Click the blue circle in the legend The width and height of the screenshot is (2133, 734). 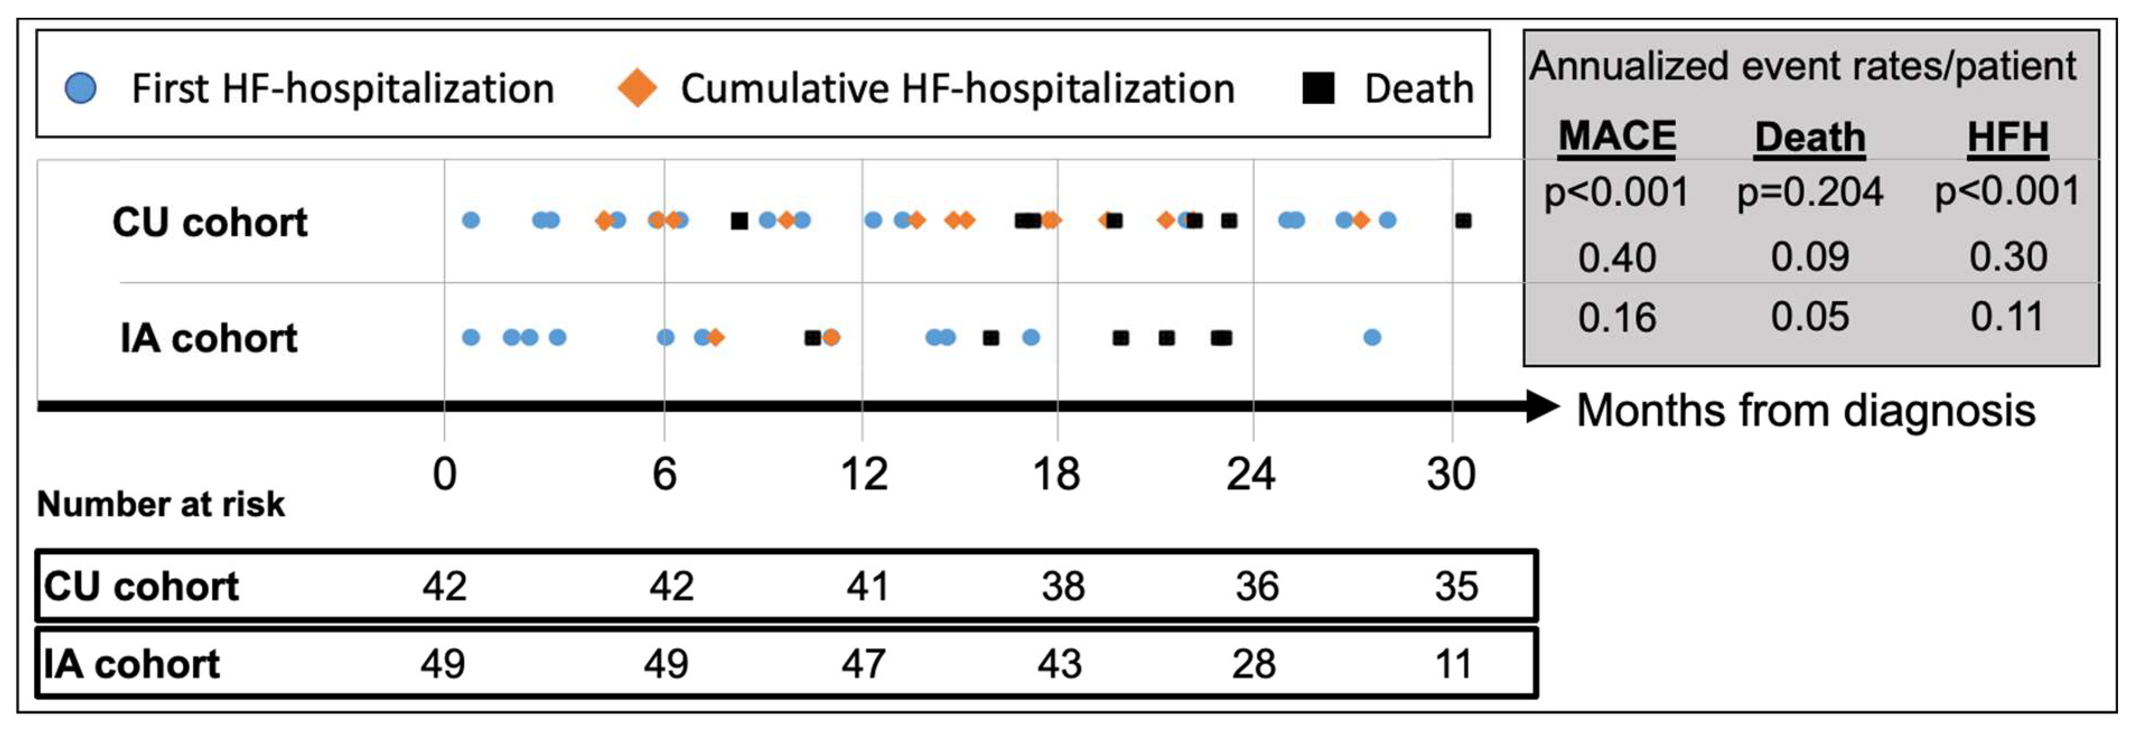coord(80,88)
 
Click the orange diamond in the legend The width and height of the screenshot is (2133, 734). coord(637,88)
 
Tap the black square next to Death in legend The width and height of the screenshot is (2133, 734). coord(1317,88)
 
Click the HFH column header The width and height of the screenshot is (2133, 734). coord(2007,136)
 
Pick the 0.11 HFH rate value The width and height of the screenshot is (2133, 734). coord(2007,317)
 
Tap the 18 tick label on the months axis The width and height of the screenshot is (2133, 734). coord(1056,474)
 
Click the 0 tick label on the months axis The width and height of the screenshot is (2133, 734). coord(445,474)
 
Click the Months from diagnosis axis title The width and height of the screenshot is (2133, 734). coord(1805,410)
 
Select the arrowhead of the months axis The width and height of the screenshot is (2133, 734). coord(1542,407)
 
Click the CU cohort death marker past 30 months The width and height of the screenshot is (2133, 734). coord(1463,221)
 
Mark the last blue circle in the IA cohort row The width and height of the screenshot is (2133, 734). coord(1371,338)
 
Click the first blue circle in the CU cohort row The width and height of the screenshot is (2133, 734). coord(470,220)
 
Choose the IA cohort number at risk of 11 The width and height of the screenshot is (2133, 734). coord(1453,664)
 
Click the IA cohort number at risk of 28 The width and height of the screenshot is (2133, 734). coord(1253,664)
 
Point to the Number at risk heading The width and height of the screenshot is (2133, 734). coord(161,504)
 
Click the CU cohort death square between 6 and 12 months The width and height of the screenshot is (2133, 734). coord(740,221)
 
